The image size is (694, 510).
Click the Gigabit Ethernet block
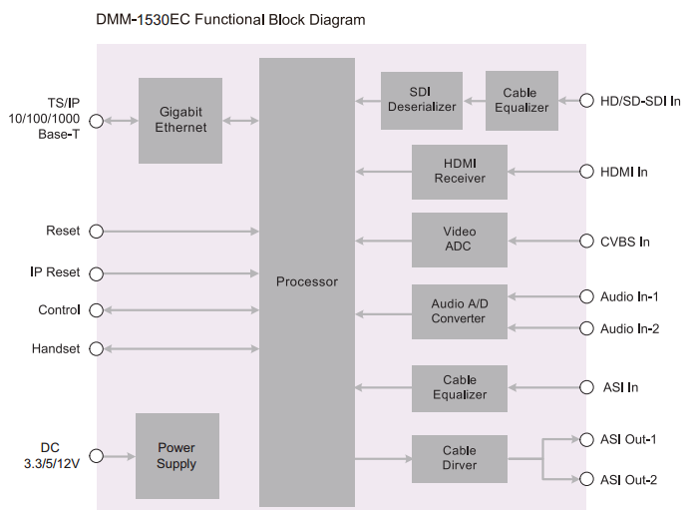tap(180, 120)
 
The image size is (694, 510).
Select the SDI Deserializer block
tap(421, 100)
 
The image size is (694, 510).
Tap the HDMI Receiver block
tap(459, 171)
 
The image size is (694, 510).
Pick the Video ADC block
tap(459, 240)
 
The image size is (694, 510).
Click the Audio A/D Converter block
tap(459, 311)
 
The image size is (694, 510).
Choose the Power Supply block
tap(176, 456)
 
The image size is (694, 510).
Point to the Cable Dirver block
tap(459, 458)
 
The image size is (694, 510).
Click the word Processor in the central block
tap(306, 281)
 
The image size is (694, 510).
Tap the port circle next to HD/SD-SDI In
tap(586, 101)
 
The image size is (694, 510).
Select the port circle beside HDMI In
tap(586, 172)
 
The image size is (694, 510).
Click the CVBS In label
tap(625, 242)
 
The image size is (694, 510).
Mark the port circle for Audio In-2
tap(586, 328)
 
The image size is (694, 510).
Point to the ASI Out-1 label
tap(628, 439)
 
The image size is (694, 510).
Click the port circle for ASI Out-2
tap(586, 479)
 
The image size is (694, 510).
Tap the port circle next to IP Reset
tap(97, 272)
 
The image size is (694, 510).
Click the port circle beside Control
tap(97, 310)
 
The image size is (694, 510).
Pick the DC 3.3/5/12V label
tap(50, 456)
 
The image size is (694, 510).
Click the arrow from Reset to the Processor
tap(179, 232)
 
